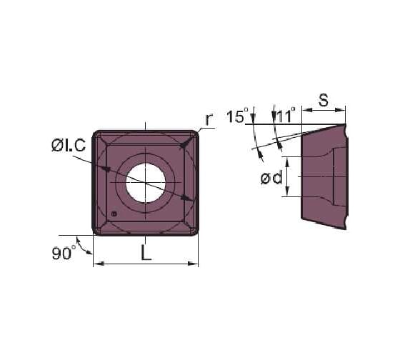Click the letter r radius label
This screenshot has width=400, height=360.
click(208, 119)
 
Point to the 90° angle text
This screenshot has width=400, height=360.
click(64, 252)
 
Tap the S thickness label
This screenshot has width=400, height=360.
click(323, 100)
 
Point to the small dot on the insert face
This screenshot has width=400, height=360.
click(114, 214)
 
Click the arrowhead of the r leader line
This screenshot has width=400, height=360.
click(184, 145)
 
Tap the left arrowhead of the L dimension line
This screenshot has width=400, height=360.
click(98, 264)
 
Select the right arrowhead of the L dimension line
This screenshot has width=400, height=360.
click(194, 264)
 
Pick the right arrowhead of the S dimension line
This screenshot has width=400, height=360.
click(341, 110)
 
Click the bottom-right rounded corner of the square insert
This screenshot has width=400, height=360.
click(191, 228)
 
